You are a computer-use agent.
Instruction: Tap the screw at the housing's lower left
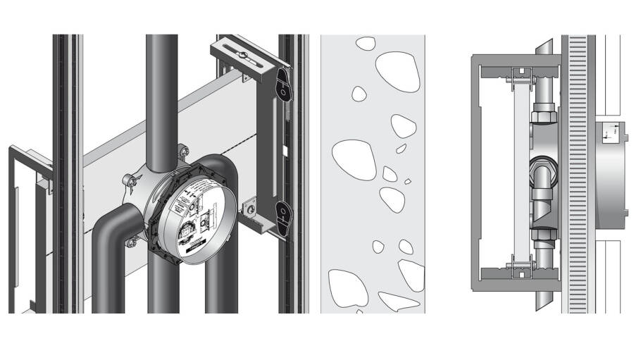(x=132, y=243)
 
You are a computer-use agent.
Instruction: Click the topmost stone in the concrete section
(x=366, y=43)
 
